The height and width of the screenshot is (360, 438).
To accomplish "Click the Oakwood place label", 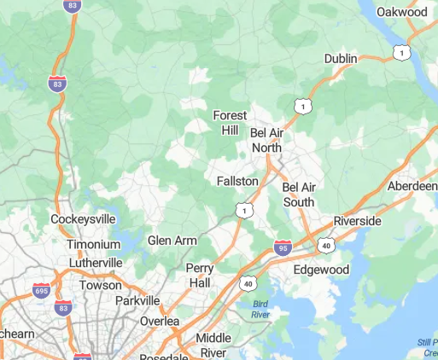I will click(402, 12).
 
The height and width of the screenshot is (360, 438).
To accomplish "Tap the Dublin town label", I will click(341, 58).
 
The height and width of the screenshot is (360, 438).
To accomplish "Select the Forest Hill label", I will click(230, 123).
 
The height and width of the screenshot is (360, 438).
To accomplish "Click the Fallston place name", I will click(237, 182).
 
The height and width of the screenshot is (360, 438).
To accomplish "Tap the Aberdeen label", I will click(412, 186).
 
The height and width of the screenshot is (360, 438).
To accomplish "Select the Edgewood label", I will click(322, 270).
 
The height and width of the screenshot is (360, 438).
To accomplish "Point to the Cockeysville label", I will click(83, 219).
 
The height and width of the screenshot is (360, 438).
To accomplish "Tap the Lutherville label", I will click(95, 263).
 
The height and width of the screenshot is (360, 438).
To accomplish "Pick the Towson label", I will click(101, 285).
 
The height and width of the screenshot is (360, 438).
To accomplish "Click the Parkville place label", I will click(137, 300).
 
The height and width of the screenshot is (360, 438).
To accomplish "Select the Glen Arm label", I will click(172, 241).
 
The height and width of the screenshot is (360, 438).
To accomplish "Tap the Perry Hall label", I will click(199, 275).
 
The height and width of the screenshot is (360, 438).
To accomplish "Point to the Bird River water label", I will click(260, 309).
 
